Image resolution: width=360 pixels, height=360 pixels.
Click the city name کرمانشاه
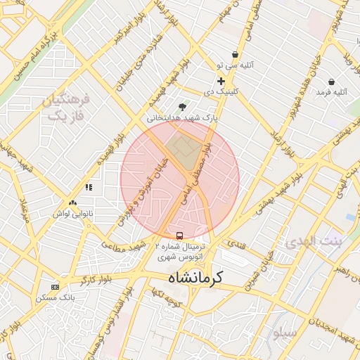(195, 278)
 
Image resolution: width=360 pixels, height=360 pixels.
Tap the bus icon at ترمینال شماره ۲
(179, 236)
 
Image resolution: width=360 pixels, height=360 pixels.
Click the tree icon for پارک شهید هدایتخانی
(183, 107)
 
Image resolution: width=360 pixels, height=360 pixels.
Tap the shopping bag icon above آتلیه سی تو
(234, 54)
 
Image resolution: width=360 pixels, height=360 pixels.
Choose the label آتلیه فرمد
(331, 92)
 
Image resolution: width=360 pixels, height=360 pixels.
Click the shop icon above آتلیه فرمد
(326, 81)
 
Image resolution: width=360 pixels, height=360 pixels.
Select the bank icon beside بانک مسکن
(56, 287)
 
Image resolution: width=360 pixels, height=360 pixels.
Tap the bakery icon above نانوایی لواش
(73, 202)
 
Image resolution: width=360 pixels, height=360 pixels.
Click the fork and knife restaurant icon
(89, 187)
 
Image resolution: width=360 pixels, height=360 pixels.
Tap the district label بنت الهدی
(314, 243)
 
